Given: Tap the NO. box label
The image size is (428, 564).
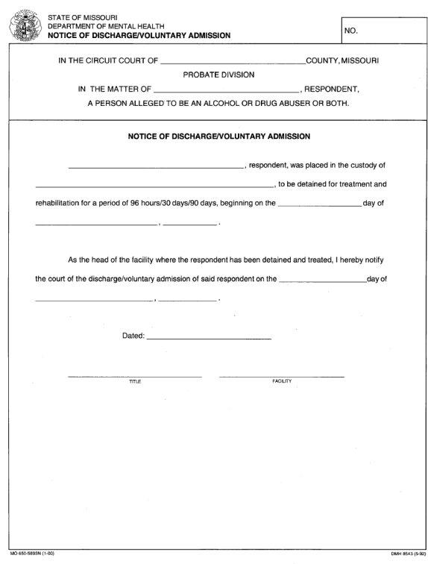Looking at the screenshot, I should click(352, 31).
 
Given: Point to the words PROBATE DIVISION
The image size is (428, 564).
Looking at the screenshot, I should click(218, 75).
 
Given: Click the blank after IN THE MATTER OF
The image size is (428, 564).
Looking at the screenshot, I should click(225, 90).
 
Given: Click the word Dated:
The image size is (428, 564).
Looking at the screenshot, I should click(133, 336).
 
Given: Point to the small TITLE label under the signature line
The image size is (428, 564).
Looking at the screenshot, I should click(135, 381).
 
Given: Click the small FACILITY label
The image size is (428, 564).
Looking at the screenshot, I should click(282, 381).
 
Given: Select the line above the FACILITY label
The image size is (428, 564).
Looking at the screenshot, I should click(282, 376).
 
